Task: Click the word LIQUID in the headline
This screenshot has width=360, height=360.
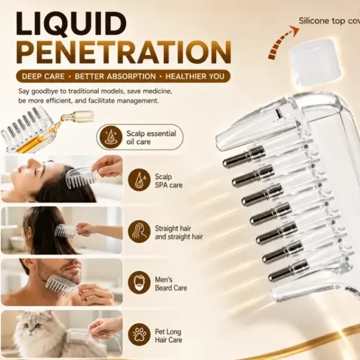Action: [71, 24]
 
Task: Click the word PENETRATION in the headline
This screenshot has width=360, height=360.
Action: [124, 53]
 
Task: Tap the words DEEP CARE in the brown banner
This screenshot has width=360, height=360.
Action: [43, 76]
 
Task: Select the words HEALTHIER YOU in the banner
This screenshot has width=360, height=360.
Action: [195, 76]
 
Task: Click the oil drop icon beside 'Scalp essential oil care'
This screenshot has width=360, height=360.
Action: [110, 137]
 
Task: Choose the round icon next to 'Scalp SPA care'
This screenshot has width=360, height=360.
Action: [139, 180]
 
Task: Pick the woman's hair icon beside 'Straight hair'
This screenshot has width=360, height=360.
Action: [139, 232]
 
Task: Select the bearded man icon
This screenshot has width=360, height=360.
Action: [139, 283]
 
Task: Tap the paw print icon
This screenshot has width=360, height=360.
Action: [139, 335]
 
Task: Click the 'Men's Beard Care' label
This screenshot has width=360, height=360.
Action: [171, 284]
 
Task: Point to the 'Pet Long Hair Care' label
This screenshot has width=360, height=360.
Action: [168, 335]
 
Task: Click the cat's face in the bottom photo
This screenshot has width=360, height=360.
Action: [32, 326]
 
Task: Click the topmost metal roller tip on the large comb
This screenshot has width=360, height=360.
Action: [244, 157]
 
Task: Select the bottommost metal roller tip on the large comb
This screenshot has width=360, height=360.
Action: [288, 271]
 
